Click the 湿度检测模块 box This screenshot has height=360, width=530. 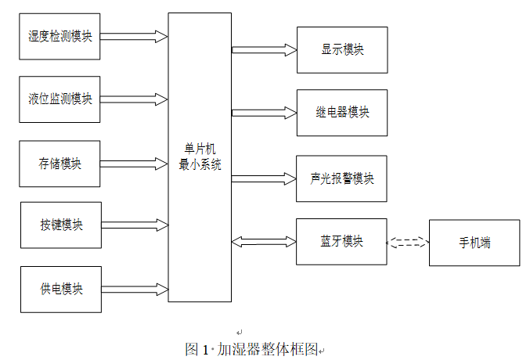coord(60,35)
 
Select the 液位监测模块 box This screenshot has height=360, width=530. coord(60,99)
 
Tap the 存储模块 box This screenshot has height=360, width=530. coord(60,164)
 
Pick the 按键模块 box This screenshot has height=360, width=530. coord(60,225)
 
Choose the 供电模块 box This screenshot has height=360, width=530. coord(60,290)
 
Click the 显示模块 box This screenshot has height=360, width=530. coord(342,49)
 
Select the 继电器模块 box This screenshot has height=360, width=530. coord(342,113)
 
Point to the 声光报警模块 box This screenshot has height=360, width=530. coord(342,178)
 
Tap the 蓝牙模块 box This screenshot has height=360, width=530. coord(342,241)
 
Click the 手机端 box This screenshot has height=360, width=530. coord(474,243)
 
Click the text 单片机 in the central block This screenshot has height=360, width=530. coord(200,149)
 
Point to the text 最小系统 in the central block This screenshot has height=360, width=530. coord(200,165)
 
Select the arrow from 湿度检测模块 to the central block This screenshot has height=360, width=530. coord(134,36)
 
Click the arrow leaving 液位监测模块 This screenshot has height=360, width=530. coord(134,99)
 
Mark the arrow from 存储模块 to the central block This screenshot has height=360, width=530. coord(134,164)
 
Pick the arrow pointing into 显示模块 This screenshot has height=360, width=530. coord(264,49)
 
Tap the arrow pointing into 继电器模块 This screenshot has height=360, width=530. coord(264,113)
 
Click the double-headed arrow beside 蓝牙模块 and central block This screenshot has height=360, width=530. coord(264,242)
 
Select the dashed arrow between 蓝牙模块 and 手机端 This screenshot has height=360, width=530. coord(408,242)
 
